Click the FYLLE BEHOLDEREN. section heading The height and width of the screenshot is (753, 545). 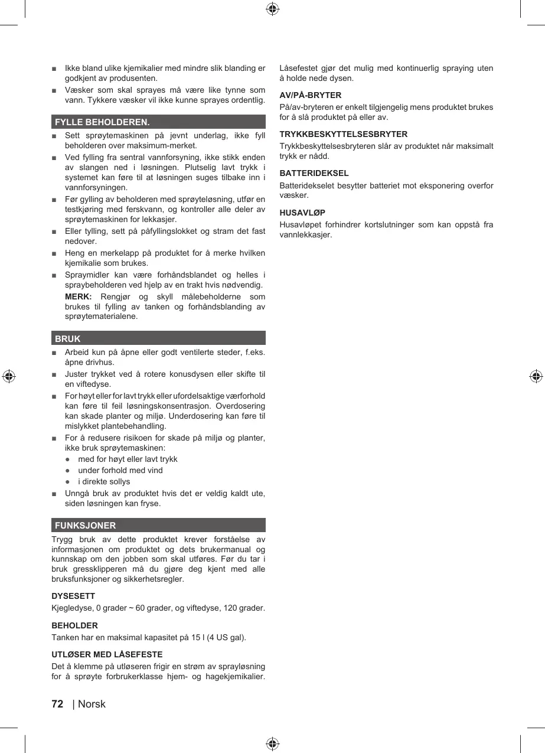pos(102,122)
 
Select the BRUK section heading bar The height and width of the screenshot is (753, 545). pos(158,338)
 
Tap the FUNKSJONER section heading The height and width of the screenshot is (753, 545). pos(85,525)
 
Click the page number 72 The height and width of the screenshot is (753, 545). pos(57,703)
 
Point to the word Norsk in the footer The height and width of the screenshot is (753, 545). pos(92,703)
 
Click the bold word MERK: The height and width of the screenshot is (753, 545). pos(78,296)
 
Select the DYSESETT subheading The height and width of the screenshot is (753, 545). pos(73,596)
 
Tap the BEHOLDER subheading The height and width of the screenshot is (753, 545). pos(75,625)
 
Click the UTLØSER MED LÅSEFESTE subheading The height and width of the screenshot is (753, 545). pos(107,654)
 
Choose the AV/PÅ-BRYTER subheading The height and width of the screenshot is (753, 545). pos(310,95)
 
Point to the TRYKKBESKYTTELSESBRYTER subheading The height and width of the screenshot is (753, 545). pos(343,134)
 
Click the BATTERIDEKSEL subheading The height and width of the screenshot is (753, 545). pos(314,173)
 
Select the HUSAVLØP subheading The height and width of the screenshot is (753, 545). pos(302,212)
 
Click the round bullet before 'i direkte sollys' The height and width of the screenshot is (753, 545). pos(68,481)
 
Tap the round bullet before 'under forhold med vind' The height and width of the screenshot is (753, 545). pos(68,470)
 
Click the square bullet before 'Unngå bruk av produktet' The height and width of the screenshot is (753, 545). pos(54,493)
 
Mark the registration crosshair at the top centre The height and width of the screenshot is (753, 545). pos(272,9)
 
